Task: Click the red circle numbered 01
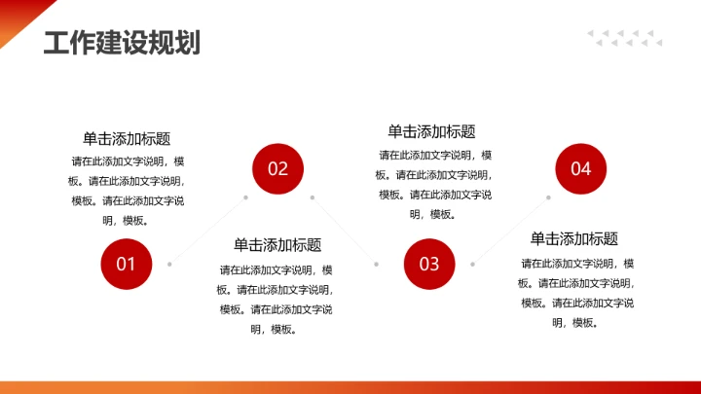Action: pos(127,264)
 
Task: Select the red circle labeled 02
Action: pos(278,169)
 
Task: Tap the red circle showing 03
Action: pos(429,264)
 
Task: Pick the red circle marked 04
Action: pos(581,169)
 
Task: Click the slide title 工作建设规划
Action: pos(122,43)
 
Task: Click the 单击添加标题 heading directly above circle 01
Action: pos(127,139)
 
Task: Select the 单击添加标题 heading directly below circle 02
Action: pos(277,245)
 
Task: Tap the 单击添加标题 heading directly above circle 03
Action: pos(431,132)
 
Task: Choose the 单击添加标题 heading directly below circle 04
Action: pos(574,239)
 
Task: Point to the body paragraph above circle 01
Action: pos(127,191)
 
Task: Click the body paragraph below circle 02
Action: pos(277,300)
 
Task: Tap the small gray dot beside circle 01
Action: pos(170,264)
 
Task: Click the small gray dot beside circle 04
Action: pos(548,197)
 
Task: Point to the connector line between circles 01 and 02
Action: pos(208,231)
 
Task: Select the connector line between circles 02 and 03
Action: pos(344,230)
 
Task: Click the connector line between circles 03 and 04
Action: pos(510,231)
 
